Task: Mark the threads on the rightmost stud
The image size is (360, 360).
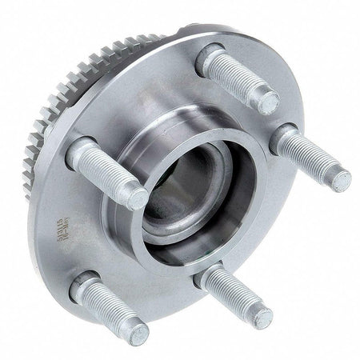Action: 316,160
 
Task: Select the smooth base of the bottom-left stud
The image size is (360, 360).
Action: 85,286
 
